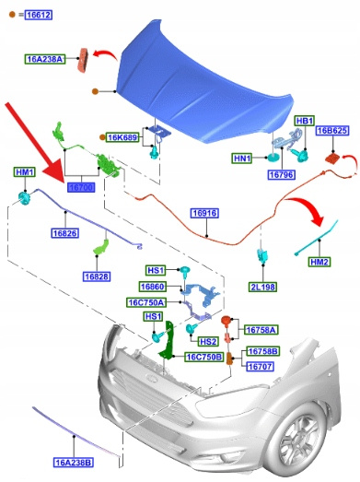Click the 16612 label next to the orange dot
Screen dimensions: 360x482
tap(39, 15)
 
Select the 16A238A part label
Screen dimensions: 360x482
tap(45, 59)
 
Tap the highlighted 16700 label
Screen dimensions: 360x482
tap(81, 187)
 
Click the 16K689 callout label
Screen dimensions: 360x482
tap(122, 137)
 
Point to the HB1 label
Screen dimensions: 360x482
tap(305, 121)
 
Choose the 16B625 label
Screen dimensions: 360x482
tap(332, 130)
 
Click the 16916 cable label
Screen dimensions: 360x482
tap(205, 213)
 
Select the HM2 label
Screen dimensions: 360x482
tap(319, 262)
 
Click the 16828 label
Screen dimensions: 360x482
tap(97, 276)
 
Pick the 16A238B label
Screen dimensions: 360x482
tap(74, 462)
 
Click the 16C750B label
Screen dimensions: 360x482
tap(204, 357)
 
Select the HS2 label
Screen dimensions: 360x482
tap(208, 342)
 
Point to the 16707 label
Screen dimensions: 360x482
tap(260, 367)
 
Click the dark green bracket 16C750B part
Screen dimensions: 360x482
tap(167, 340)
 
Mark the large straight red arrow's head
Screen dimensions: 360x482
tap(54, 173)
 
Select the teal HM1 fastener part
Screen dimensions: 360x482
tap(24, 197)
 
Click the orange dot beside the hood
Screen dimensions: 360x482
tap(95, 91)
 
